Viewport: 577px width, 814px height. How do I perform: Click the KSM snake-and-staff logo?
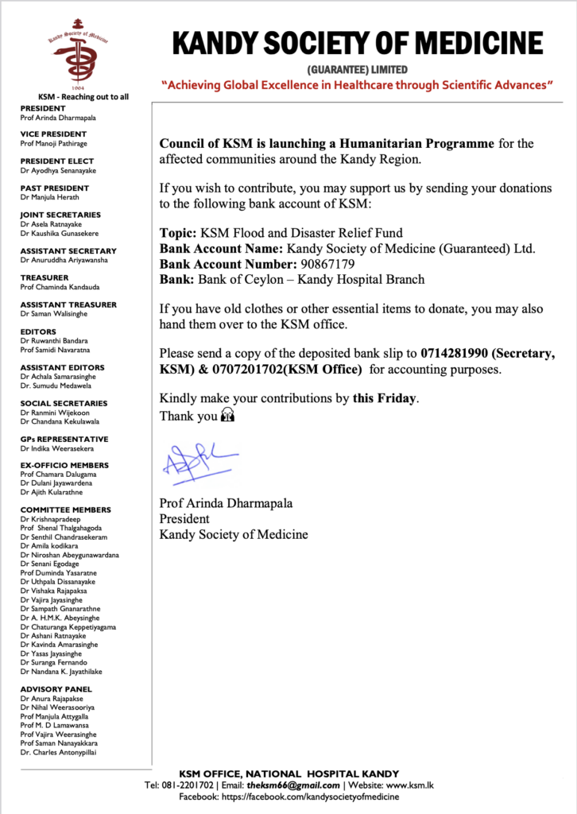tap(76, 53)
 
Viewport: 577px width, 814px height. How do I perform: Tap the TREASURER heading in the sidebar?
tap(45, 278)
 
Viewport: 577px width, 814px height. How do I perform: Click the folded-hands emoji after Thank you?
tap(228, 416)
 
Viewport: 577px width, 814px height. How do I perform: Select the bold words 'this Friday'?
tap(385, 398)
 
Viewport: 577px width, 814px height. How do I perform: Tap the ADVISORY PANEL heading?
tap(56, 689)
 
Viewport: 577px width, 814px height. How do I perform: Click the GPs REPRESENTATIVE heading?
tap(64, 439)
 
